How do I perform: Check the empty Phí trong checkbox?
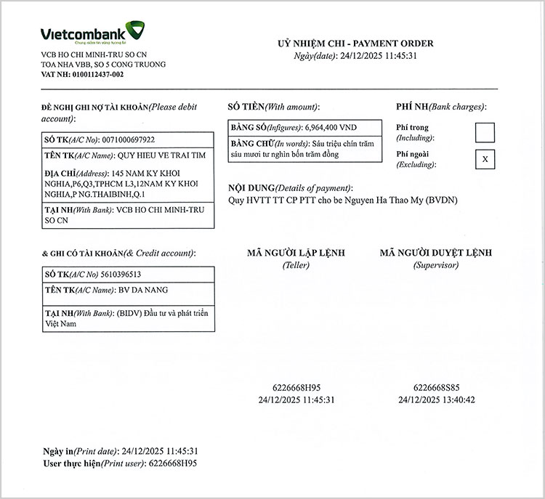coord(484,132)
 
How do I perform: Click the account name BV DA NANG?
coord(143,290)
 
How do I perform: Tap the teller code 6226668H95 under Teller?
coord(296,388)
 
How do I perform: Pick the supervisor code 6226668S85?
coord(436,388)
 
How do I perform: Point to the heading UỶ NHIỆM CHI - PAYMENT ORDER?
coord(355,44)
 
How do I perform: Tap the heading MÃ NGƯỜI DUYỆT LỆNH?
coord(435,253)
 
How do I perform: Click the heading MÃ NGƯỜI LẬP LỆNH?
coord(296,253)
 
